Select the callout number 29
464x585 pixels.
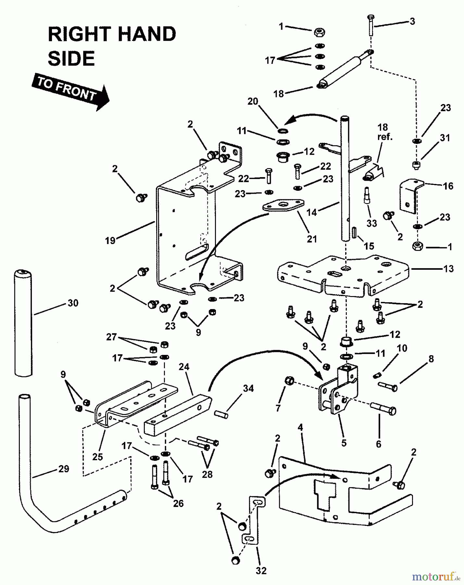click(x=64, y=469)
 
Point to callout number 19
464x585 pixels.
click(x=110, y=240)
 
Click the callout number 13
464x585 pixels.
click(x=448, y=269)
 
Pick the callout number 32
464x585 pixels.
click(x=261, y=570)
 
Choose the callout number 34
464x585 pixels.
click(x=248, y=388)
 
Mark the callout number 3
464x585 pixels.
click(x=412, y=21)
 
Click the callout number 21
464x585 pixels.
click(x=312, y=239)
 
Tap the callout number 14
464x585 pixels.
click(x=311, y=213)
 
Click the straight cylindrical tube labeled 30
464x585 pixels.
click(x=23, y=324)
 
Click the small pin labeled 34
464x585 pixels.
click(x=221, y=414)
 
